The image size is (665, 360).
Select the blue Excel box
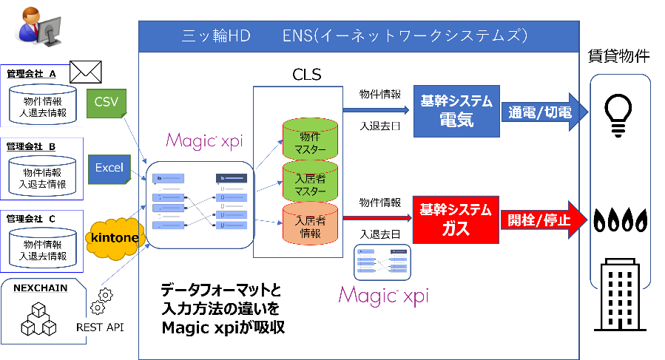tap(109, 168)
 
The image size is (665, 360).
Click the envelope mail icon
tap(84, 72)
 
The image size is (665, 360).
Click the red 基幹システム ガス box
tap(455, 220)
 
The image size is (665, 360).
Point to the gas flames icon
tap(620, 220)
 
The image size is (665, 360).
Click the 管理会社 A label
tap(31, 74)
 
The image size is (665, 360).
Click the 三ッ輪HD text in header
tap(218, 35)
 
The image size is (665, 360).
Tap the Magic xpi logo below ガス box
tap(383, 295)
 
